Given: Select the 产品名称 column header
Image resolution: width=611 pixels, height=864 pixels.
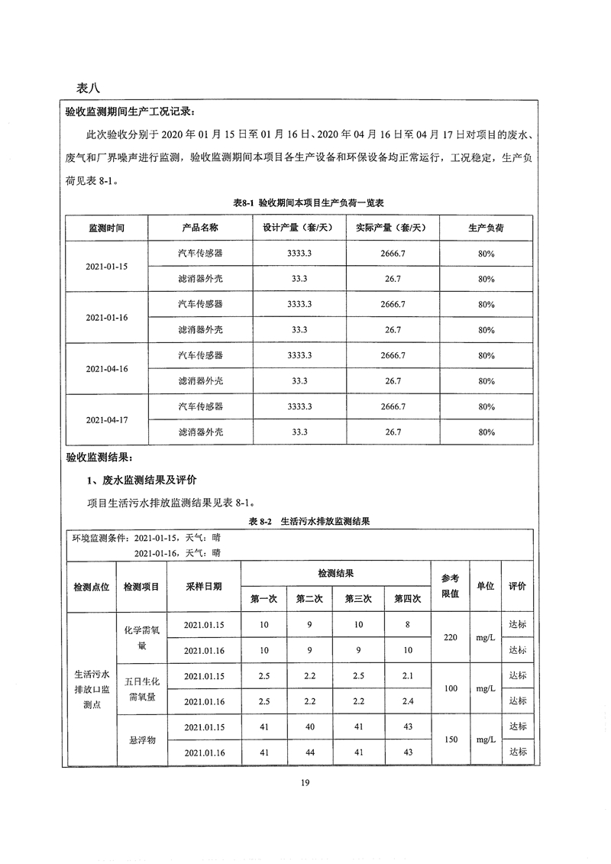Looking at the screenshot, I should point(200,228).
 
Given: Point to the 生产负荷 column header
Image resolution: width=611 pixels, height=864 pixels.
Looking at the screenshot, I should point(486,228).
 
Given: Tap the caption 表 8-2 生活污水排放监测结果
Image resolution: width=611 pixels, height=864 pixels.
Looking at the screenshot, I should point(309,522).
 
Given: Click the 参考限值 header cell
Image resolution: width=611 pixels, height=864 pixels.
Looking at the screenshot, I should point(450,585).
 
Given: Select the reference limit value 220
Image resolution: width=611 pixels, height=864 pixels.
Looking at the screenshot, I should point(450,637).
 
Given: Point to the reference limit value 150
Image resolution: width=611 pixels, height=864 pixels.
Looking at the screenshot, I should point(450,739).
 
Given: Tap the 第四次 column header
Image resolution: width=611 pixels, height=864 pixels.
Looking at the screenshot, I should point(408,599).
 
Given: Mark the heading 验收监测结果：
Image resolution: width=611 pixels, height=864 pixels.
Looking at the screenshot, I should point(99,458).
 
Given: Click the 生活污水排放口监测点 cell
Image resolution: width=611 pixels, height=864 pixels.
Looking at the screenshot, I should point(92,688).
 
